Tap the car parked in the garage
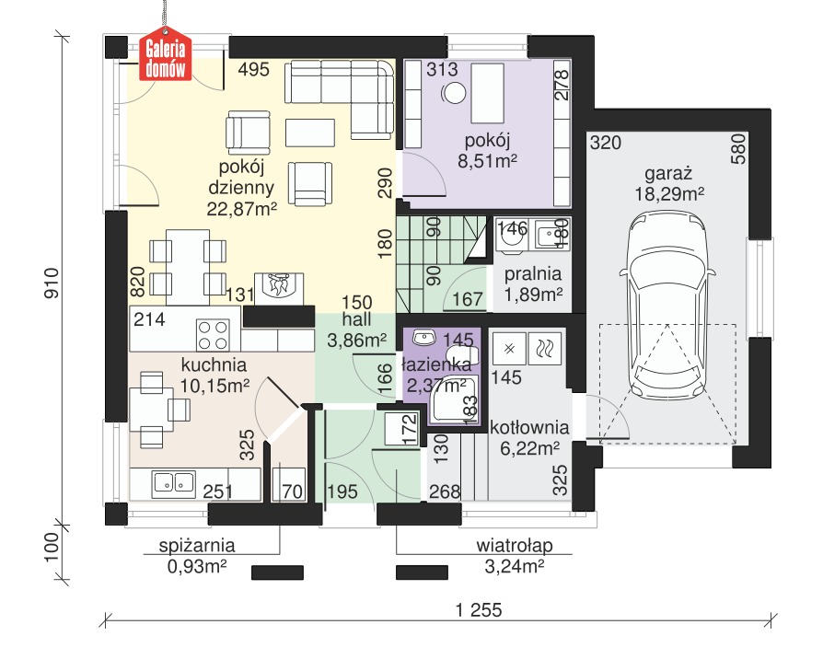click(x=667, y=306)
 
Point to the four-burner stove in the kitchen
click(x=213, y=335)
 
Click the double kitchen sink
click(x=173, y=483)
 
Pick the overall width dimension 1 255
click(x=479, y=610)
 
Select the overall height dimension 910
click(x=52, y=283)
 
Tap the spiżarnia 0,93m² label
click(x=197, y=556)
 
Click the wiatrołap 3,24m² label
click(x=515, y=556)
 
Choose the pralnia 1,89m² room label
click(x=533, y=283)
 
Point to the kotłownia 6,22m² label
click(x=529, y=437)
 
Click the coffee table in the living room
click(x=310, y=133)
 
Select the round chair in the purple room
click(x=455, y=93)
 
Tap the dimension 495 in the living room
click(x=253, y=69)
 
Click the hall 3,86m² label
click(x=357, y=329)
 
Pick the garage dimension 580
click(x=738, y=149)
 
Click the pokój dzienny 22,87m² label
click(x=241, y=188)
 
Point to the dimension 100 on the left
click(x=52, y=547)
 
